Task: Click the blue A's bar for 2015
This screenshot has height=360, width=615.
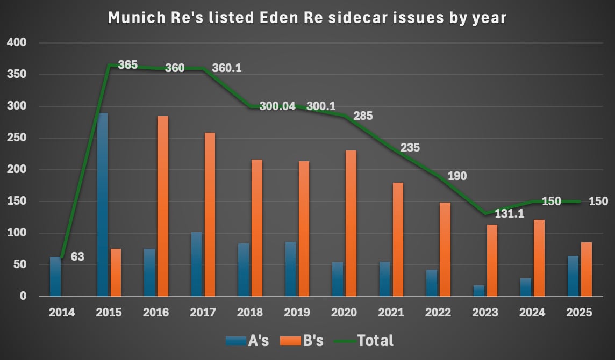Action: [x=102, y=204]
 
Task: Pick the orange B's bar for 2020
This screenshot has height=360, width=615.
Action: [x=351, y=223]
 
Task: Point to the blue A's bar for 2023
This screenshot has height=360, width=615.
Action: [x=478, y=290]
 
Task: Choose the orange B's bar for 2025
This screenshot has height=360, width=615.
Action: [x=586, y=269]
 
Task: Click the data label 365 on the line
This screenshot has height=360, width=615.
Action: [x=127, y=65]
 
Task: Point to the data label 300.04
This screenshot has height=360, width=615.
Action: [x=277, y=106]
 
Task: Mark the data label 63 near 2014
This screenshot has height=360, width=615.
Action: [x=77, y=257]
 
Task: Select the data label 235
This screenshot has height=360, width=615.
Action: [x=410, y=148]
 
